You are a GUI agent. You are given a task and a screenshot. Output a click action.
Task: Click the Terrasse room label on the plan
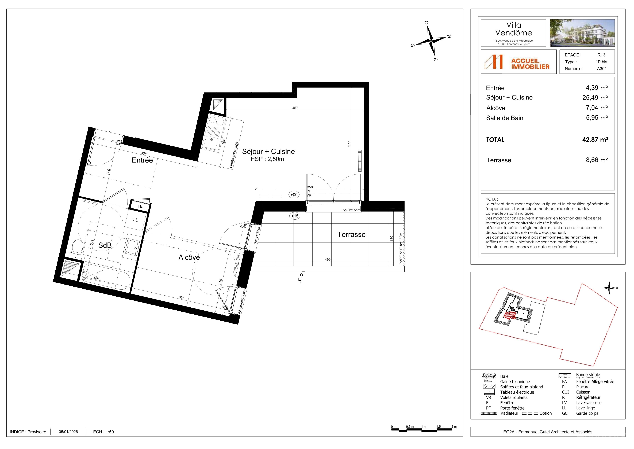click(x=351, y=235)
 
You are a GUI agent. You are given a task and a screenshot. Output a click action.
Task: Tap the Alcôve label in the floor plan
click(x=189, y=257)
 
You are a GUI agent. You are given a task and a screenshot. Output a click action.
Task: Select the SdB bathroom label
click(x=105, y=245)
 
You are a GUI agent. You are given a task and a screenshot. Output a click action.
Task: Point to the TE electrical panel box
click(x=140, y=206)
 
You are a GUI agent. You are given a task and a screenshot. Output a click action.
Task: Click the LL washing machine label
click(x=135, y=220)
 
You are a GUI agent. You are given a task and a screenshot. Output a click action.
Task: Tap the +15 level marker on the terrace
click(x=295, y=216)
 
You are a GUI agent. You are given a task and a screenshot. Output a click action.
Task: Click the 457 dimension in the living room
click(x=295, y=108)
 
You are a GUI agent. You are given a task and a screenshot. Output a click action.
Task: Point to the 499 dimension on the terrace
click(x=328, y=259)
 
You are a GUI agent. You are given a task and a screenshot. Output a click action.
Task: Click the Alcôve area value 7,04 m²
click(x=597, y=108)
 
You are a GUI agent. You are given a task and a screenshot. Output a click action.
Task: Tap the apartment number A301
click(x=602, y=69)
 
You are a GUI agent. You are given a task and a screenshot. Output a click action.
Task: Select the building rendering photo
click(x=582, y=33)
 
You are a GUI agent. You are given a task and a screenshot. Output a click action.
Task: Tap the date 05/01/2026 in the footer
click(x=68, y=432)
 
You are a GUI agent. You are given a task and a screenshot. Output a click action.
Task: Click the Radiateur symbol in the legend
click(x=489, y=413)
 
